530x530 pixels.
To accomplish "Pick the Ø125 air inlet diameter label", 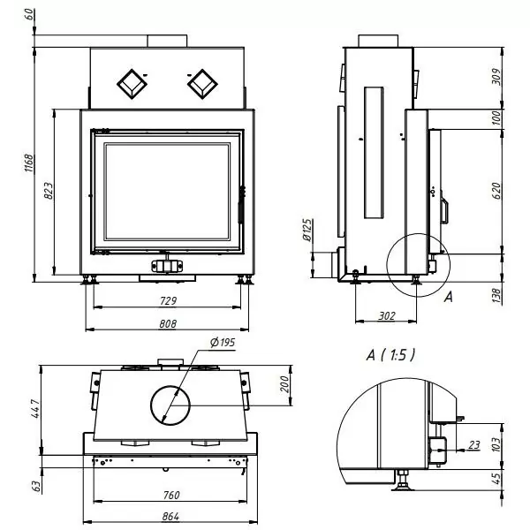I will click(307, 231).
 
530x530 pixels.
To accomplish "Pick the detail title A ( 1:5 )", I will click(390, 355).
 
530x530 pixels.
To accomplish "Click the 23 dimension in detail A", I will click(474, 445).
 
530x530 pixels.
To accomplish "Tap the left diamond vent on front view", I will click(132, 84).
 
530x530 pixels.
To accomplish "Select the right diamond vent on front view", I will click(202, 84).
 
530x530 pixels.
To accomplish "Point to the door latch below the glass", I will click(167, 265).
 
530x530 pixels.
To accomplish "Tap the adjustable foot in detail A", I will click(403, 480).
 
